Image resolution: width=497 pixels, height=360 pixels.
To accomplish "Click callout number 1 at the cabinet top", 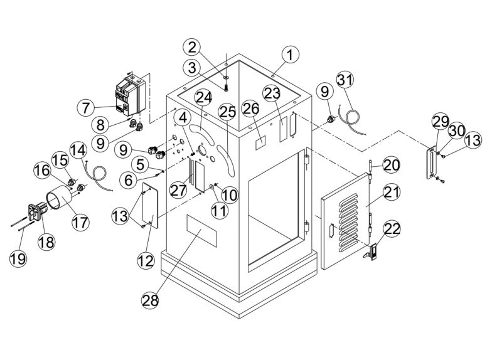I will pyautogui.click(x=289, y=55).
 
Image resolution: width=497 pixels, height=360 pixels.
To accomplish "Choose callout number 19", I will pyautogui.click(x=18, y=257).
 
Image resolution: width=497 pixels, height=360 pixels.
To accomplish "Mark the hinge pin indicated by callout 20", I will pyautogui.click(x=371, y=171).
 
